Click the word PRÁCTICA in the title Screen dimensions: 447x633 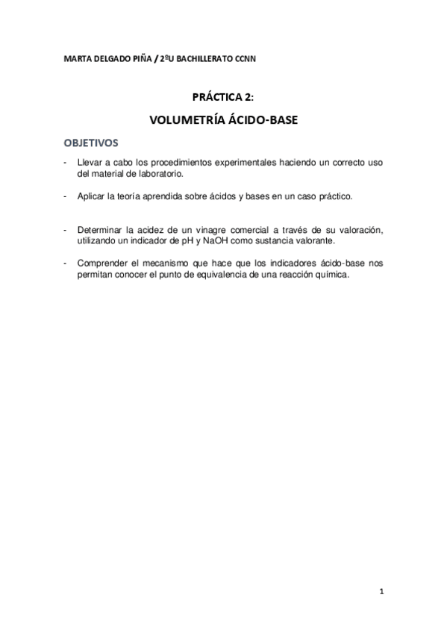[214, 96]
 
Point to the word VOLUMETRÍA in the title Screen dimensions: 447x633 [184, 119]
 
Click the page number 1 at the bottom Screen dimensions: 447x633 [381, 593]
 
